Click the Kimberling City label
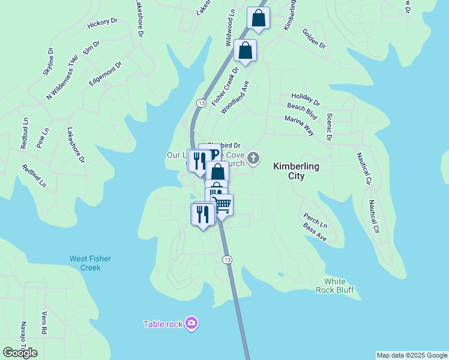tap(296, 171)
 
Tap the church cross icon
tap(254, 158)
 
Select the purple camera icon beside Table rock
tap(191, 324)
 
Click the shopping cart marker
tap(223, 205)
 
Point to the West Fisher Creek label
tap(90, 263)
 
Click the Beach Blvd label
tap(301, 109)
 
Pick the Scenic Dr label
tap(330, 127)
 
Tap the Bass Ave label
tap(315, 232)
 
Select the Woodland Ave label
tap(234, 97)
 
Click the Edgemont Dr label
tap(106, 74)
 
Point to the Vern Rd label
tap(44, 323)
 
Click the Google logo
tap(20, 353)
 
